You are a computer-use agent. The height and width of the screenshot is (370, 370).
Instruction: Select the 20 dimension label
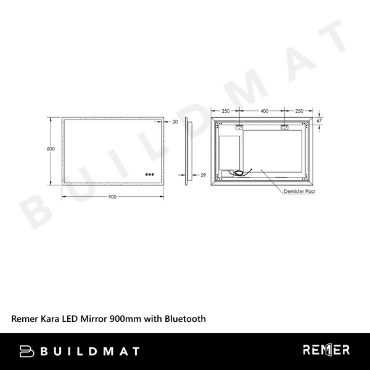pos(175,122)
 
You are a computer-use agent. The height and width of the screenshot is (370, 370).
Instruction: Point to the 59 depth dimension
pos(203,175)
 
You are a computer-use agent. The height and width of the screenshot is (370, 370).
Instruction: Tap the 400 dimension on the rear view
pos(264,111)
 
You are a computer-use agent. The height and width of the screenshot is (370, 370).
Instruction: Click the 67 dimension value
pos(319,121)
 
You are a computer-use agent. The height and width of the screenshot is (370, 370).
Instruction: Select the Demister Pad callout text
pos(299,192)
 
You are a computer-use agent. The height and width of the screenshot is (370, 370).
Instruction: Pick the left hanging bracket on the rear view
pos(240,128)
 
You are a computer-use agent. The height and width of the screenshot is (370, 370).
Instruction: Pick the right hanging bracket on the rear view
pos(285,128)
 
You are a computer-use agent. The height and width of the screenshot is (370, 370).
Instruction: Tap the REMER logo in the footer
pos(326,350)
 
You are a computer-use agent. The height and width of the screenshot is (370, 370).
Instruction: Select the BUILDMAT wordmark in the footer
pos(89,351)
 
